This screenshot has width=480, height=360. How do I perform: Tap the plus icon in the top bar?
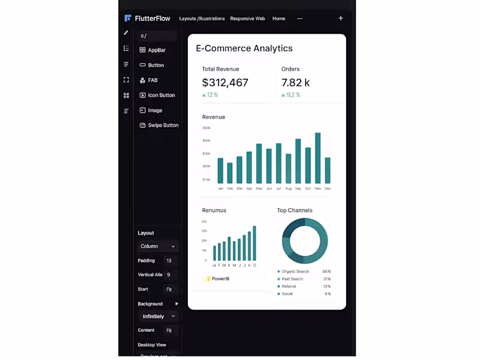coord(341,19)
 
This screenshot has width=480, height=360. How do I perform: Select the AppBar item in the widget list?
coord(156,50)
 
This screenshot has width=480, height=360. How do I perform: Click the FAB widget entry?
coord(152,80)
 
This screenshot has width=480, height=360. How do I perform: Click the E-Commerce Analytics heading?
coord(244,49)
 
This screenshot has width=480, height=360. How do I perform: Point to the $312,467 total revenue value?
coord(225,83)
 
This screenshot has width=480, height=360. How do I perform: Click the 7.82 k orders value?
coord(296,83)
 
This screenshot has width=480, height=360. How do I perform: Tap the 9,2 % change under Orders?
coord(293,95)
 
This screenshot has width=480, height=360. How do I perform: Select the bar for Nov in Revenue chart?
coord(318,158)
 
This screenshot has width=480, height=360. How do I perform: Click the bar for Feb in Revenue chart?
coord(230,173)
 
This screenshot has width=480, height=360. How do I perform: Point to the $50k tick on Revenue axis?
coord(206,128)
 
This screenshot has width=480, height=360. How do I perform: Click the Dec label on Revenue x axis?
coord(328,188)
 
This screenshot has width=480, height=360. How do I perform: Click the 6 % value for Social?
coord(328,294)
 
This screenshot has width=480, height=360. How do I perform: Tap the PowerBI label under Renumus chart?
coord(220,279)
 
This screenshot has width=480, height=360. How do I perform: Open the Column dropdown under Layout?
coord(158,247)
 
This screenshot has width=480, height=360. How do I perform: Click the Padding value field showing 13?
coord(169,261)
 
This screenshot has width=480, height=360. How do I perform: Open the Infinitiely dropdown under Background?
coord(158,316)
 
